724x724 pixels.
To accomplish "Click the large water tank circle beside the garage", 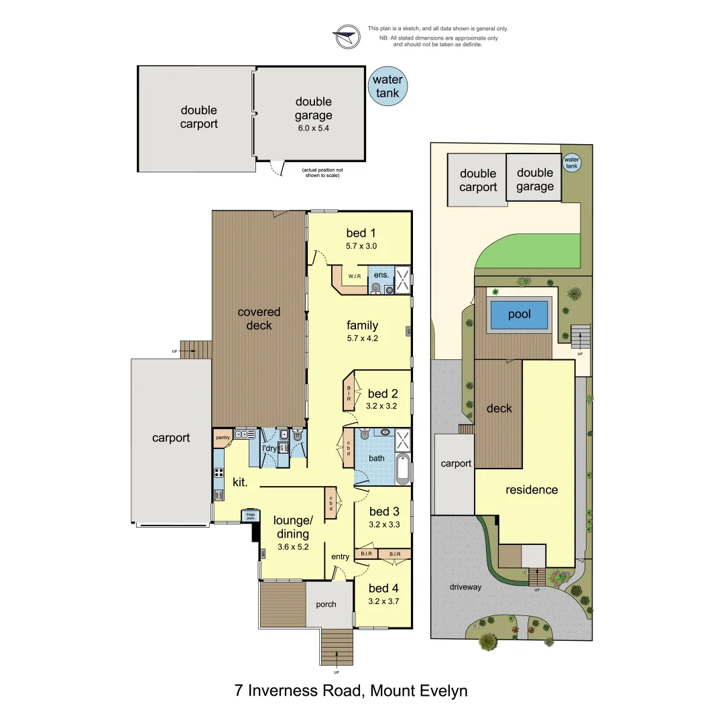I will click(387, 87).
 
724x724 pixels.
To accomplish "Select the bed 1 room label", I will click(361, 233).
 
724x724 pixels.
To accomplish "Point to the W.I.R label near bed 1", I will click(354, 276).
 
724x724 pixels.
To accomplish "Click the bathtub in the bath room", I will click(402, 469).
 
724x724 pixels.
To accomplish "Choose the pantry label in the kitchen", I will click(223, 438).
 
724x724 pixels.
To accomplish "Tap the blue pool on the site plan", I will click(519, 314).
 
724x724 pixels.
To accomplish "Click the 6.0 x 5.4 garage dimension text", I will click(314, 128).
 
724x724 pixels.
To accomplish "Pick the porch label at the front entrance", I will click(326, 605).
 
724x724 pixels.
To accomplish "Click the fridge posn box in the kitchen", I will click(250, 516).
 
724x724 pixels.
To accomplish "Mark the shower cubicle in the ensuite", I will click(402, 280).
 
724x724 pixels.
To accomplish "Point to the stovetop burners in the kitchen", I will click(219, 473).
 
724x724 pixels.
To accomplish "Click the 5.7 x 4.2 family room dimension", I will click(362, 339).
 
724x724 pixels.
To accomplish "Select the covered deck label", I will click(259, 318).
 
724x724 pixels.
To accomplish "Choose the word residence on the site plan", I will click(532, 489).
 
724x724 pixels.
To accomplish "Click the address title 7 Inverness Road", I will click(351, 690).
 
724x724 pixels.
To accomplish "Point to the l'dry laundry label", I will click(269, 448).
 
